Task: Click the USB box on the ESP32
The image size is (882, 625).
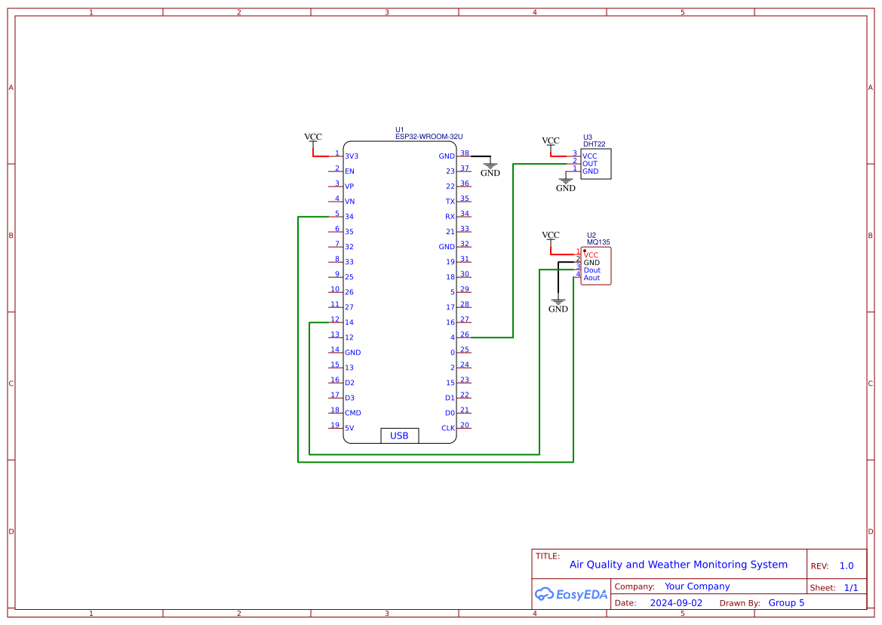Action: tap(399, 436)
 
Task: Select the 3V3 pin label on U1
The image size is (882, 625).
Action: tap(352, 156)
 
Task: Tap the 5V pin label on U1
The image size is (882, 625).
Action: tap(349, 428)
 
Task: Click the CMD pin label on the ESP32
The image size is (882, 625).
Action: tap(352, 413)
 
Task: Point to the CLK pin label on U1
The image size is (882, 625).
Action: tap(448, 428)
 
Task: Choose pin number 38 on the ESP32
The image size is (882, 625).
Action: tap(465, 153)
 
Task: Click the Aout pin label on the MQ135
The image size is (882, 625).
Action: tap(592, 278)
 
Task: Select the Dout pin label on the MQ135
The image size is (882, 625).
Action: tap(592, 270)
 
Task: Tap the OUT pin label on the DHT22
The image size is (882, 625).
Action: tap(589, 164)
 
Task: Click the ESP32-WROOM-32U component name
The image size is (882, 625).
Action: tap(429, 137)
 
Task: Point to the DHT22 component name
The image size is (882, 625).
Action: tap(594, 144)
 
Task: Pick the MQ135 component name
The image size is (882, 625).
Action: tap(598, 242)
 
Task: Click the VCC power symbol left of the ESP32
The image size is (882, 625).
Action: tap(313, 138)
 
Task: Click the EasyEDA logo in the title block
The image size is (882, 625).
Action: tap(571, 594)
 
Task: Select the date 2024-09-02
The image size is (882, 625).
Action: tap(676, 603)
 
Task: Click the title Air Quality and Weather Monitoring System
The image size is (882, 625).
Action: tap(678, 565)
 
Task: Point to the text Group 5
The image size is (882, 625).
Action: tap(786, 603)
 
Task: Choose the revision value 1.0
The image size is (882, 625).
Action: tap(847, 566)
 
